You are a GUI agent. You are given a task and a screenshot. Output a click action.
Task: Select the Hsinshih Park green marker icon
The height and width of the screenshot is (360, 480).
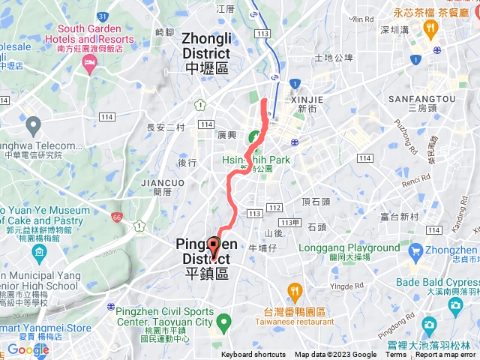click(255, 137)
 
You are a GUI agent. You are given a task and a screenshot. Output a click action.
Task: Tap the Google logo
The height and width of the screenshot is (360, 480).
click(28, 349)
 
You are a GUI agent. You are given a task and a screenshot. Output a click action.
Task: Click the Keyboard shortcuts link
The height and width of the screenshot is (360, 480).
click(253, 355)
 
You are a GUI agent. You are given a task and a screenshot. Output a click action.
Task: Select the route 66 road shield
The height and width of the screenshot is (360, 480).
click(116, 217)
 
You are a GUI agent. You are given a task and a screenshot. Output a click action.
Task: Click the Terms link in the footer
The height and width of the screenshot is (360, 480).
click(396, 355)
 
